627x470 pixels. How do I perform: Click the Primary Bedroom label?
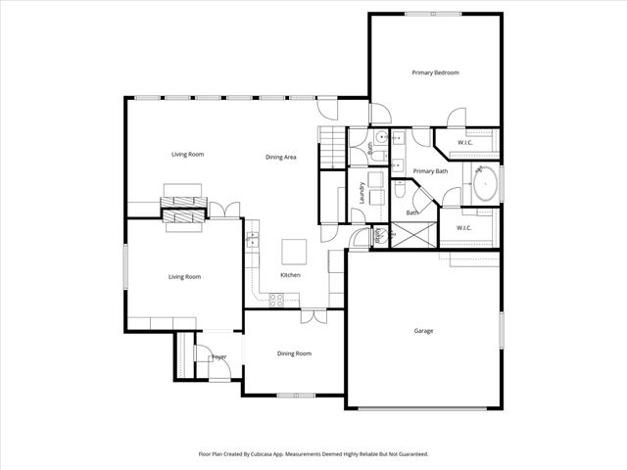point(435,72)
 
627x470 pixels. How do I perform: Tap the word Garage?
point(423,331)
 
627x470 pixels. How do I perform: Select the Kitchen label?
point(290,276)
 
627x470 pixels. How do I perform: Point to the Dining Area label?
point(281,157)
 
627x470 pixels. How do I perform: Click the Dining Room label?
point(294,353)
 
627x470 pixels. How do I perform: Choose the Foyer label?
point(219,357)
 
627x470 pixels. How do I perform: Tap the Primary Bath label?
point(430,171)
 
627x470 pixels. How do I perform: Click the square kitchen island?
point(294,252)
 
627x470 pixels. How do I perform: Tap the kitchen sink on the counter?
point(252,236)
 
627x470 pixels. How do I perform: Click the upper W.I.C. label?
point(464,143)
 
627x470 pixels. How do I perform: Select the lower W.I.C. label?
point(464,228)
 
